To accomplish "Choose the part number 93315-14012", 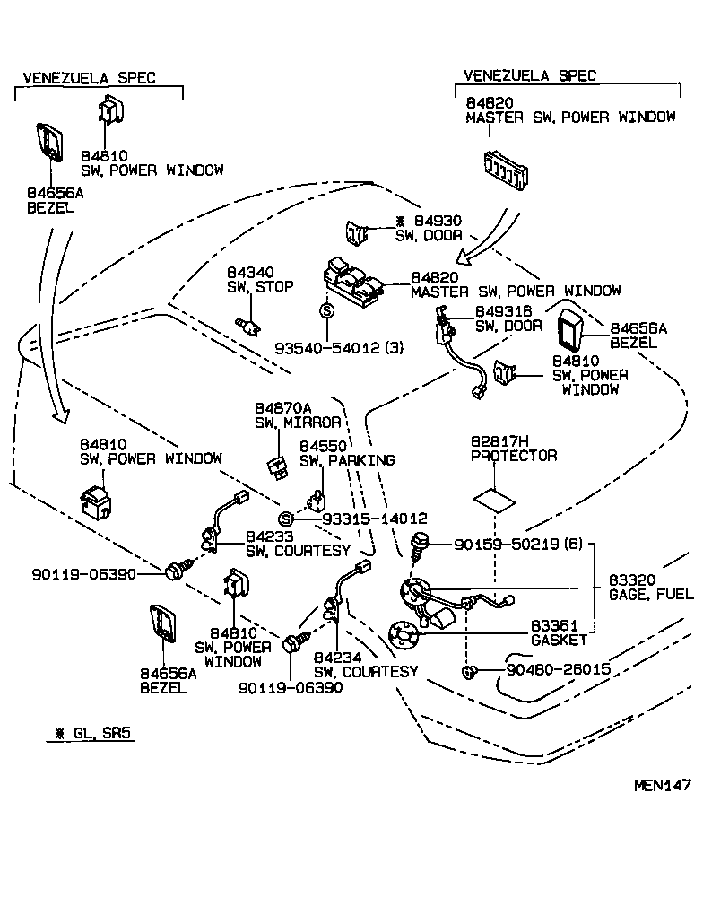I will click(x=374, y=519).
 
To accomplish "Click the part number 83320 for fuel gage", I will click(x=633, y=580).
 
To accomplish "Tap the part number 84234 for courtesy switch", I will click(x=336, y=658).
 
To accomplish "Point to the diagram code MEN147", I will click(x=662, y=785).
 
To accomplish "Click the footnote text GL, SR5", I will click(x=101, y=733).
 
